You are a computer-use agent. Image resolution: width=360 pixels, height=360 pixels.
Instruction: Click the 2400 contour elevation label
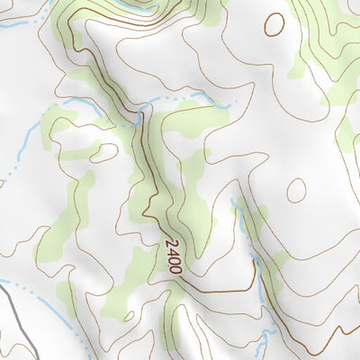[174, 256]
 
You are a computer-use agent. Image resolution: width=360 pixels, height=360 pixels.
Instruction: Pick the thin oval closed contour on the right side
[295, 189]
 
